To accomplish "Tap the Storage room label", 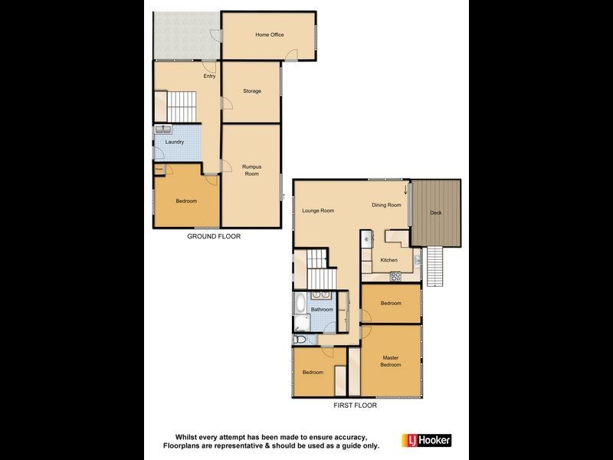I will point(252,91).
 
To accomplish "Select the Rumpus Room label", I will point(251,170).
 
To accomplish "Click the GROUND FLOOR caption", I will point(214,237).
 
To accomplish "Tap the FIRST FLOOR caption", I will point(355,406).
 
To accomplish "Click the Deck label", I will point(436,212).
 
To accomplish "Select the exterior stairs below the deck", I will point(433,267).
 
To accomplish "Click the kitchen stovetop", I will point(395,276).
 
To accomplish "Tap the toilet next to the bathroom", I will point(300,338).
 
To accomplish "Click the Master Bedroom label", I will point(391,361).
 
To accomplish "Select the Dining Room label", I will point(386,205).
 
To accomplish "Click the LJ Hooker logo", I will point(427,440).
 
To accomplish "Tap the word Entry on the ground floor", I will point(208,76).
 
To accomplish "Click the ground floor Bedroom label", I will point(186,201).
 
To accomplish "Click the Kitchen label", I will point(389,261).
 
